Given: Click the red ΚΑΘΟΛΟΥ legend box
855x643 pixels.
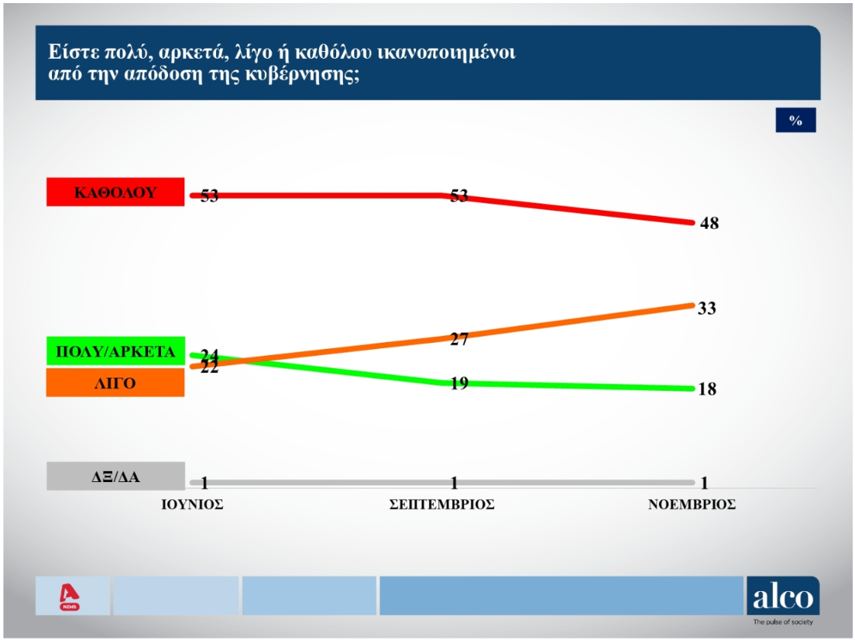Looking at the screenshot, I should point(115,193).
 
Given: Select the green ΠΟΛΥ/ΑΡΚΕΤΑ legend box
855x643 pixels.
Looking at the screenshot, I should point(115,351).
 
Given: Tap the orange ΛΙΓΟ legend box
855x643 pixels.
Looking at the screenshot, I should point(115,382).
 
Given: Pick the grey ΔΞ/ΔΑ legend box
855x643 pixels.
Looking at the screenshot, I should point(115,477).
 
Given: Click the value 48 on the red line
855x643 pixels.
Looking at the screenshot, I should point(708,224).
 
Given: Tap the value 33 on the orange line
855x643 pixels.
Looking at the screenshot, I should point(706,309).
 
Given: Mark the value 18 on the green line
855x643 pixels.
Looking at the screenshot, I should point(706,389).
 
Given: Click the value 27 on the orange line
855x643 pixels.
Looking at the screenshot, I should point(459,338).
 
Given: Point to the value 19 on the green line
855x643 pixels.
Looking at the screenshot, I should point(458,382).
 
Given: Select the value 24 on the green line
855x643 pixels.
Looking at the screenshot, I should point(209,355).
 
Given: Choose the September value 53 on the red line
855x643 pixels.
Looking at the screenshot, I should point(458,196).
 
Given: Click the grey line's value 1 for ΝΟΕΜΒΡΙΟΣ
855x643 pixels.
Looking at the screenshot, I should point(705,484).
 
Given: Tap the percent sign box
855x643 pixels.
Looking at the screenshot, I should point(795,120).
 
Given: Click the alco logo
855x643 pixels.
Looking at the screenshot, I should point(782,597).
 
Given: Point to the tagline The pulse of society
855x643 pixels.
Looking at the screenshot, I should point(783,622).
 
